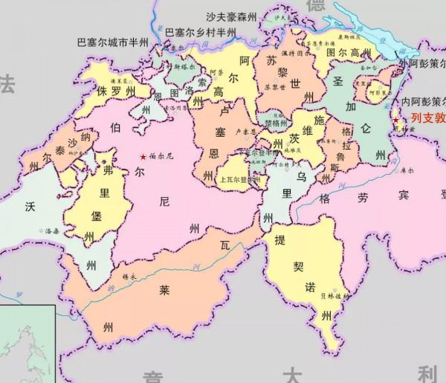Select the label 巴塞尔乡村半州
[200, 32]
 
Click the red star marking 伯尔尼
[143, 157]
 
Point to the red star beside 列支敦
[395, 120]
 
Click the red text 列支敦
[424, 118]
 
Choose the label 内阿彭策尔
[421, 101]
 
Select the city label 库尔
[407, 170]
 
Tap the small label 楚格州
[276, 123]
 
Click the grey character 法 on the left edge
[7, 83]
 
